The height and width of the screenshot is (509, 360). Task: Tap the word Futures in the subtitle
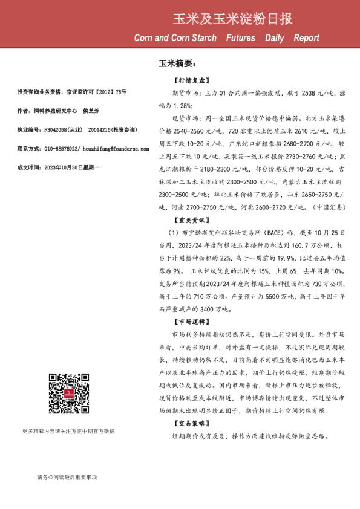tap(240, 38)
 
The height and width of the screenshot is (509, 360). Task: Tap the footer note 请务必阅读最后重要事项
tap(67, 478)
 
